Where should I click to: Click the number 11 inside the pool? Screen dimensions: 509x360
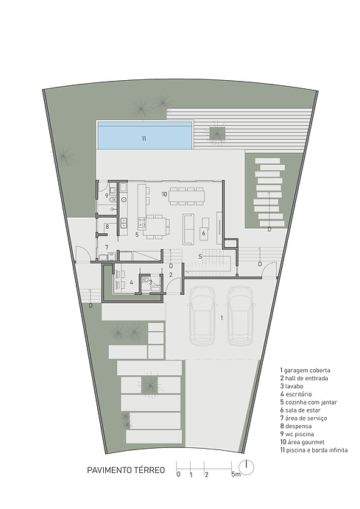[144, 138]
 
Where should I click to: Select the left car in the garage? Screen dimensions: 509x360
[202, 315]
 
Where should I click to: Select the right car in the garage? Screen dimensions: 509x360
[240, 315]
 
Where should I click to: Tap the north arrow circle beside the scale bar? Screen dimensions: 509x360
[248, 466]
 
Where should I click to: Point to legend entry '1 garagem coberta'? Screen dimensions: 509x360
[305, 369]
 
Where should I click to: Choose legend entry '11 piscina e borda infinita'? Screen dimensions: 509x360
[314, 450]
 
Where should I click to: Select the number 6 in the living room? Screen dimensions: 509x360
[203, 233]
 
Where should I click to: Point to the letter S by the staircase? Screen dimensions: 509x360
[200, 257]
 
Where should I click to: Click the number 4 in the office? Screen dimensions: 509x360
[131, 282]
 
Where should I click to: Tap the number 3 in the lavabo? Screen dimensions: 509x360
[151, 281]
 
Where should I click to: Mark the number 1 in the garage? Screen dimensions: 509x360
[222, 318]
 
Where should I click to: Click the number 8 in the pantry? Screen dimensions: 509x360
[107, 227]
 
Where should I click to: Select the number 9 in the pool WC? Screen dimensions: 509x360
[107, 196]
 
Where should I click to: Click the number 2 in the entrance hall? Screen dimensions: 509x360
[171, 275]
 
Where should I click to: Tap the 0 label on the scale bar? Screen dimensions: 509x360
[177, 474]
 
